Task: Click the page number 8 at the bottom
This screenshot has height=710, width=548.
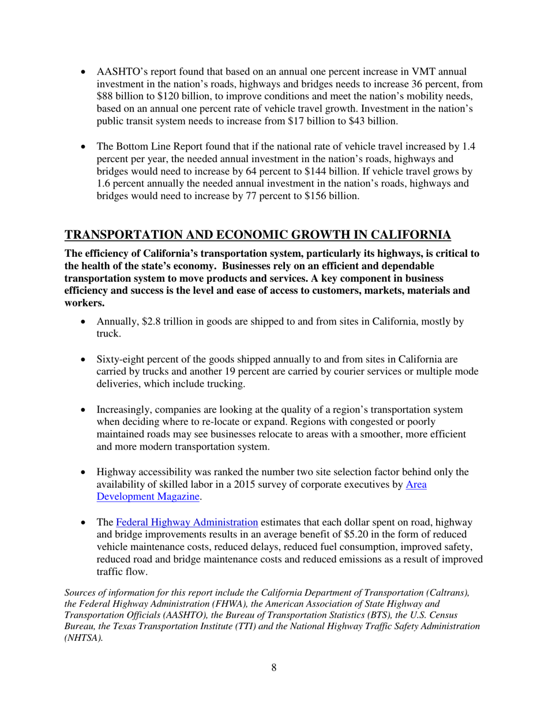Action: pos(274,668)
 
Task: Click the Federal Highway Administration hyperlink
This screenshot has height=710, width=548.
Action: pos(187,522)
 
